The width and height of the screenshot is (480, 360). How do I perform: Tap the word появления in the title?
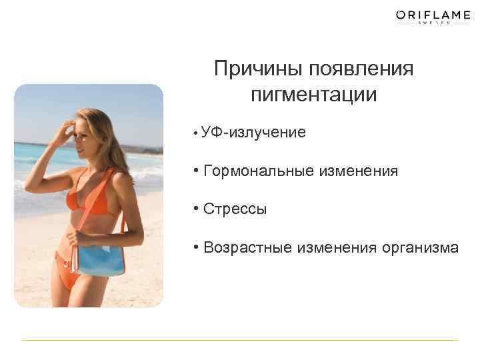[x=361, y=69]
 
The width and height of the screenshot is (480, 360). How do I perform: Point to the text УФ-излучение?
[x=255, y=133]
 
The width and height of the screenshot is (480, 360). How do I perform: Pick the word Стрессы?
[x=235, y=209]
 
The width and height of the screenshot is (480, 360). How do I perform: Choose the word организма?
[x=420, y=248]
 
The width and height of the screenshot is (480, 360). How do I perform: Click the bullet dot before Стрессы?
[x=197, y=209]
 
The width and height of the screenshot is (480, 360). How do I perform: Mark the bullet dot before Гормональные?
[x=197, y=171]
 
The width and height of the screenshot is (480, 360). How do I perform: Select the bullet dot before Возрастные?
[x=197, y=247]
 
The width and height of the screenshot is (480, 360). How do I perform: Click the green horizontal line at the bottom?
[x=240, y=341]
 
